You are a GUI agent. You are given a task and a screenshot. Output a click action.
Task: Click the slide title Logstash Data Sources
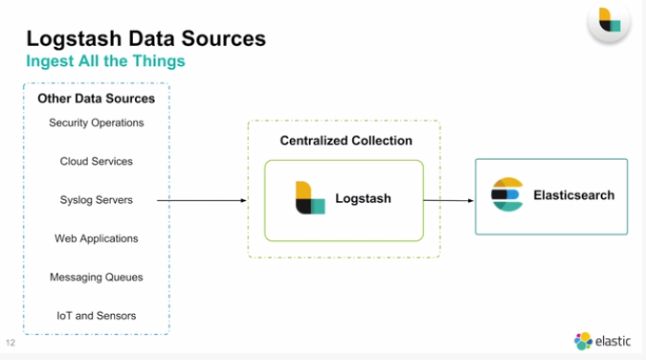point(145,38)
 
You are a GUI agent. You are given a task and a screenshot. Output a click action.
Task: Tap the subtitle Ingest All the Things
point(105,61)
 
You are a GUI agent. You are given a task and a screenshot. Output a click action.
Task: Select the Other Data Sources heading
point(96,99)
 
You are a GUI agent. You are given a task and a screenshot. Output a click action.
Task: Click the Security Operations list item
point(96,123)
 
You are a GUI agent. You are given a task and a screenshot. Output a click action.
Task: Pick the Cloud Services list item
point(96,161)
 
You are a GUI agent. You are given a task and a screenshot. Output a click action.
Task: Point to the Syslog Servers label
point(96,200)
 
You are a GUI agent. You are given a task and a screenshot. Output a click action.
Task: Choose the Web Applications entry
point(96,238)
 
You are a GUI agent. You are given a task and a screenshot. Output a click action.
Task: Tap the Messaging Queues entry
point(96,277)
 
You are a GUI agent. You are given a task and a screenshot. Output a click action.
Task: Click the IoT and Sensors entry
point(96,315)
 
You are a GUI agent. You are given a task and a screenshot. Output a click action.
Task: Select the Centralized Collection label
point(345,141)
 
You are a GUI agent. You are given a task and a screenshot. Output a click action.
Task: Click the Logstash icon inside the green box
point(310,198)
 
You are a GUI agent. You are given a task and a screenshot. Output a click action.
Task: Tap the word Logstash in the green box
point(363,199)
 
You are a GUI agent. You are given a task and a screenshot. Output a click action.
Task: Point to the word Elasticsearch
point(573,195)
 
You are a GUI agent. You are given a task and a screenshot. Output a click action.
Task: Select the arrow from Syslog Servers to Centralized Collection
point(201,200)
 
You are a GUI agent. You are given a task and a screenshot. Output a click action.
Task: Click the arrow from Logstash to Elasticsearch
point(449,200)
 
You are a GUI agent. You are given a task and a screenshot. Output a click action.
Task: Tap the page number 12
point(11,342)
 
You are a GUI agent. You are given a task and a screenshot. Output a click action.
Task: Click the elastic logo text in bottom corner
point(613,341)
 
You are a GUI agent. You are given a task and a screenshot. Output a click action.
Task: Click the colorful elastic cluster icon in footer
point(583,341)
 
